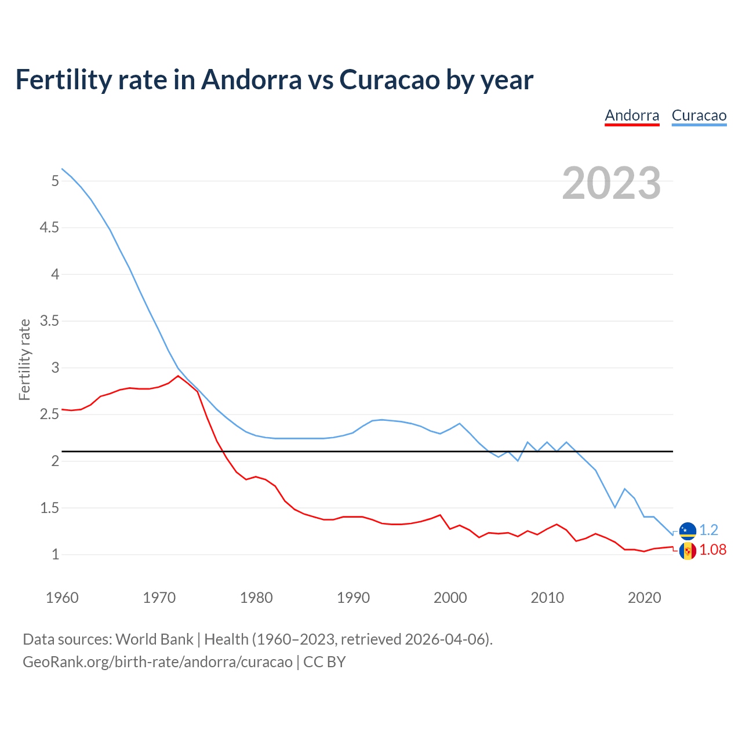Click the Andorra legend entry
(632, 115)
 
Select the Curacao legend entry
(699, 115)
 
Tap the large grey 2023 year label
(611, 183)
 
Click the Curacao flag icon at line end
(688, 530)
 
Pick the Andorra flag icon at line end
(688, 550)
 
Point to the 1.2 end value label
(708, 530)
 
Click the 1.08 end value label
(712, 550)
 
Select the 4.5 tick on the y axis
(49, 228)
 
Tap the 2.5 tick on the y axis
(49, 414)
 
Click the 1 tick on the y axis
(55, 555)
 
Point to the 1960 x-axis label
(62, 598)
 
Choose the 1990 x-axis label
(353, 598)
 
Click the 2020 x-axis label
(644, 598)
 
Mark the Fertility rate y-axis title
(24, 359)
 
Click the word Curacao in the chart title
(389, 80)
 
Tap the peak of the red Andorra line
(178, 376)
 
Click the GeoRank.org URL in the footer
(157, 662)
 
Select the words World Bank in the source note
(154, 639)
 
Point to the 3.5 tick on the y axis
(49, 321)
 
